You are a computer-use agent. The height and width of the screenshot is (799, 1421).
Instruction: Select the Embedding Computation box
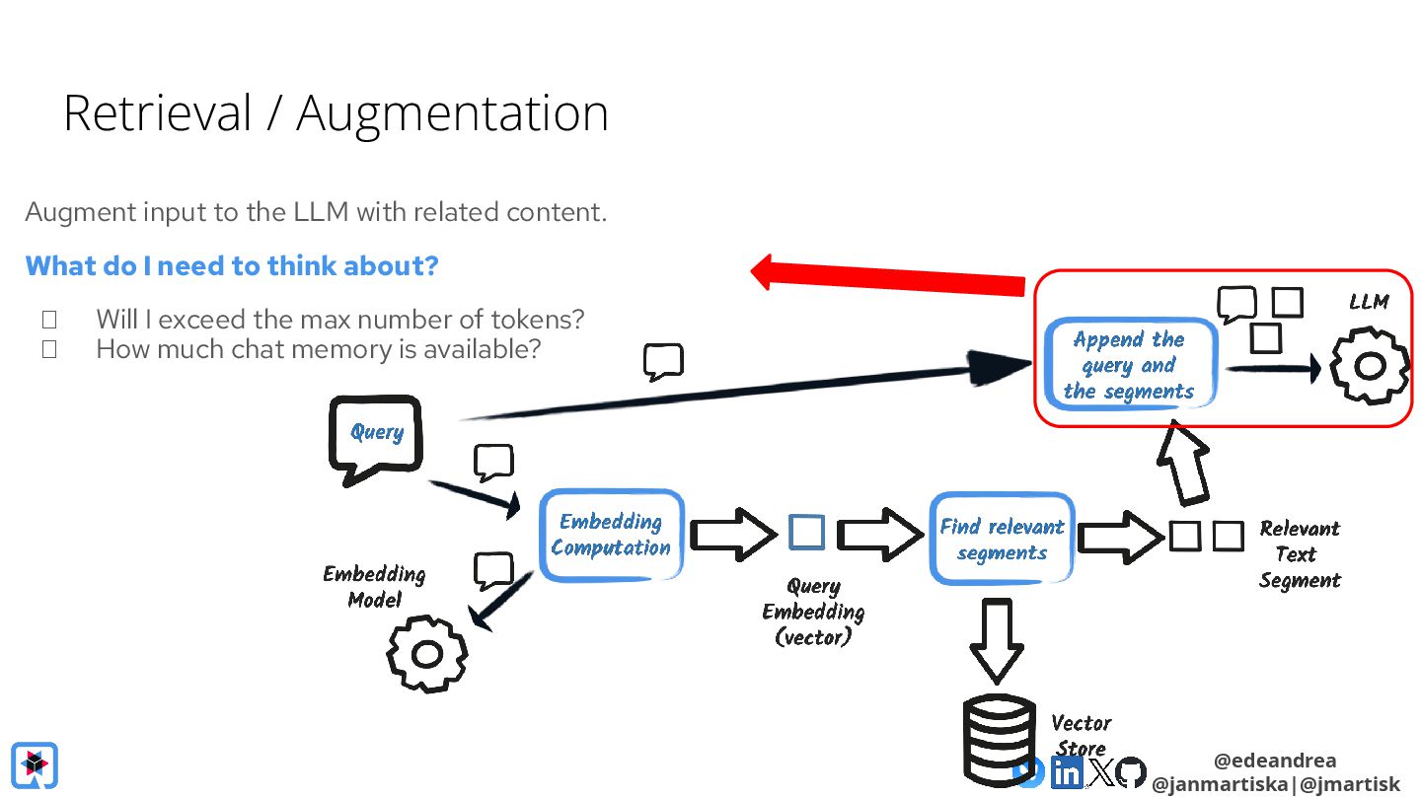611,536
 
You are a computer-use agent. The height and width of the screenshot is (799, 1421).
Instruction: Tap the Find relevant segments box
1002,539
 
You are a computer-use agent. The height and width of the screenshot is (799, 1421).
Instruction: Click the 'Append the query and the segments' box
1130,365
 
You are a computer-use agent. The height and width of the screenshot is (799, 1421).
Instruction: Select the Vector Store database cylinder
999,742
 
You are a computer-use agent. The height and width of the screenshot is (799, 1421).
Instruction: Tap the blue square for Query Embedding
807,532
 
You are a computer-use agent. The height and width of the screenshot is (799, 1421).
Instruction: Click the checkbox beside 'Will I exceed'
49,320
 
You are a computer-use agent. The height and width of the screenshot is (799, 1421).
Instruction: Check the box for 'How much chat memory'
49,349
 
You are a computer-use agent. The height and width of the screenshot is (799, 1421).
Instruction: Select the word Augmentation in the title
452,114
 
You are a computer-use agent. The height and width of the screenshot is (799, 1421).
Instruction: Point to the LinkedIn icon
1067,773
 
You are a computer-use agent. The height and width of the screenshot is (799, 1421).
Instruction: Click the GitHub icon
1131,772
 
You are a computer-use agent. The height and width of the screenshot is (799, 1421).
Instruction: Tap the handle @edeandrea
1275,760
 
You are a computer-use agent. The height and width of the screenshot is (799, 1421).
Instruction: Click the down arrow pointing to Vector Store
997,641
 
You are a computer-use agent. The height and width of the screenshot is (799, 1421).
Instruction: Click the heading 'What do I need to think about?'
232,265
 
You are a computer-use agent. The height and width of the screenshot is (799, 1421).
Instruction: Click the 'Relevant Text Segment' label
1300,553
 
